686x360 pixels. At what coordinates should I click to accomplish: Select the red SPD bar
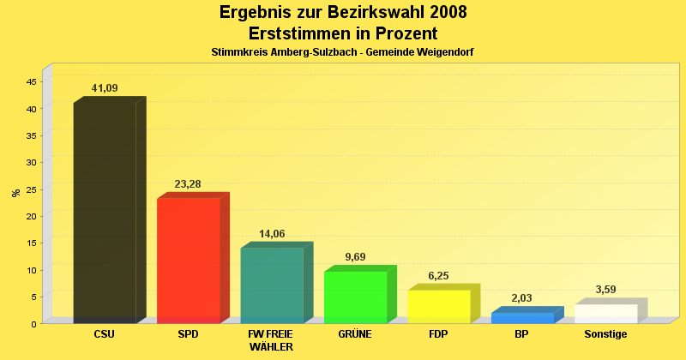[x=189, y=261]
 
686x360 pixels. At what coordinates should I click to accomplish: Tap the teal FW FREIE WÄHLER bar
[x=272, y=285]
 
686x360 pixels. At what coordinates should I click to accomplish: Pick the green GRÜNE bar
[x=355, y=297]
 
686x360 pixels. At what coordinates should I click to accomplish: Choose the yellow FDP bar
[x=438, y=306]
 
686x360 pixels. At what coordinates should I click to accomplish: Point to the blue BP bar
[x=522, y=318]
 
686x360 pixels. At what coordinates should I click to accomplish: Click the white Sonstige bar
[x=605, y=314]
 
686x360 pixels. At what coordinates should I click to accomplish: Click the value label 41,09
[x=105, y=87]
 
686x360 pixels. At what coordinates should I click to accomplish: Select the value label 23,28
[x=188, y=183]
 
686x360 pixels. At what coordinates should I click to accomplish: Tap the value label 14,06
[x=272, y=233]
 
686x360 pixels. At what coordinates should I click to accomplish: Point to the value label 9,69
[x=355, y=256]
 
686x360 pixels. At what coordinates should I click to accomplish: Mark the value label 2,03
[x=522, y=298]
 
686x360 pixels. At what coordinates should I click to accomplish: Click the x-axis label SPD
[x=188, y=334]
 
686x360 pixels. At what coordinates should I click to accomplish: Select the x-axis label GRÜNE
[x=355, y=334]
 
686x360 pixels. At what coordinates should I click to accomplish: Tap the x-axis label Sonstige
[x=605, y=334]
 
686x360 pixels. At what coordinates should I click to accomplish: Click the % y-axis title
[x=15, y=193]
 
